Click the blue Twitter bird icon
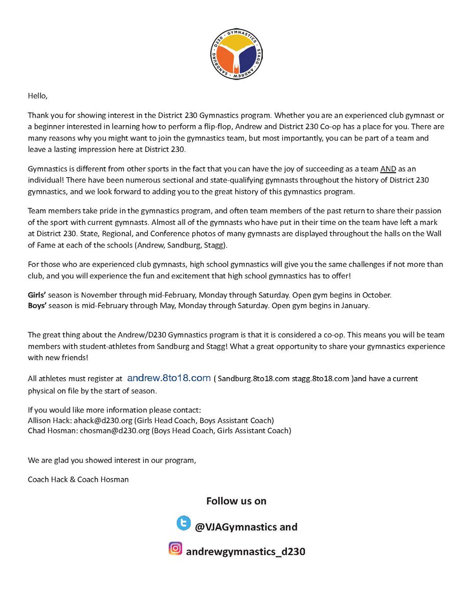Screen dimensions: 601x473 coord(184,524)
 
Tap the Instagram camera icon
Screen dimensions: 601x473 coord(175,549)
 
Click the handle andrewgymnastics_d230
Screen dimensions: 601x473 coord(245,552)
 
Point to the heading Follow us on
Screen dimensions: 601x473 coord(236,501)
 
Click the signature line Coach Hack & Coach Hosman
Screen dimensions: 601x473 coord(79,479)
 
